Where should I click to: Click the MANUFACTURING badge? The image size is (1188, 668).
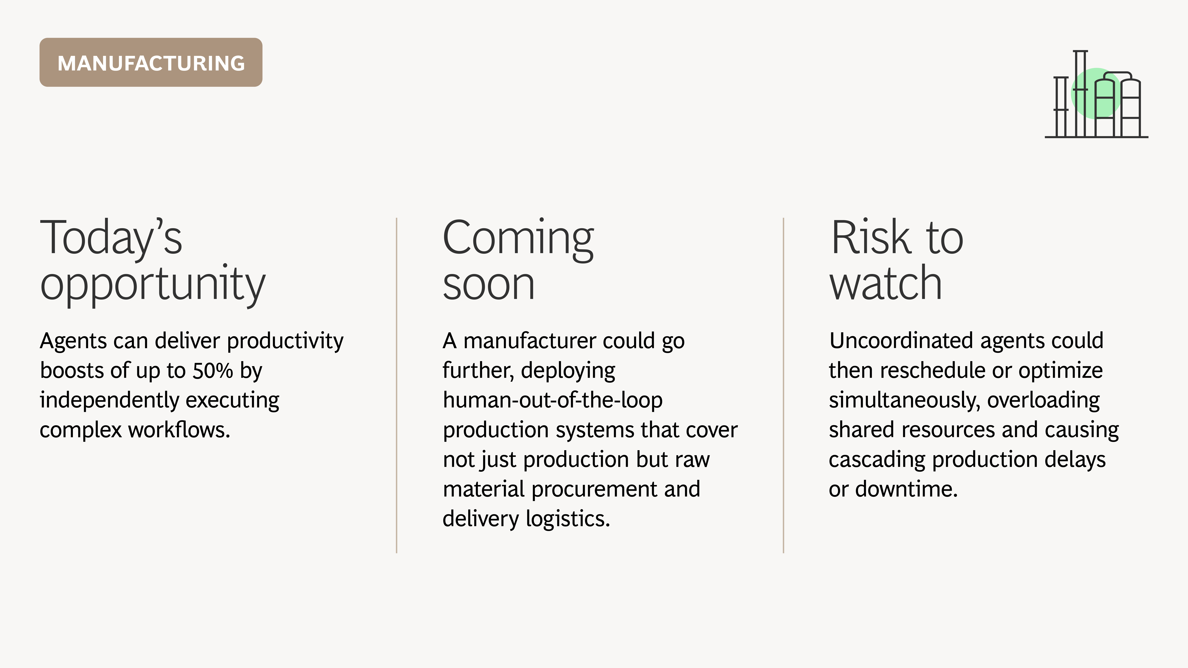pyautogui.click(x=151, y=62)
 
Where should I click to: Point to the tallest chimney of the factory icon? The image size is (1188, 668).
pyautogui.click(x=1080, y=94)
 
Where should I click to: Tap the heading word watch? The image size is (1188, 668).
pyautogui.click(x=886, y=283)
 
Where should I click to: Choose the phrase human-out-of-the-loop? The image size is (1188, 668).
pyautogui.click(x=552, y=400)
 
